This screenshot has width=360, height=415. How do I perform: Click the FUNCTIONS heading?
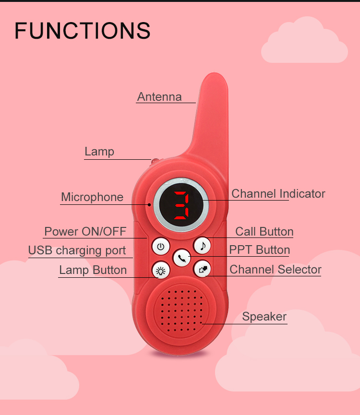click(83, 31)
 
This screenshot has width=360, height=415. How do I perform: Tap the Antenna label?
click(159, 96)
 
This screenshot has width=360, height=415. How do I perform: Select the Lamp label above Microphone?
click(99, 152)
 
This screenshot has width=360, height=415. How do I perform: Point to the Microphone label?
click(92, 197)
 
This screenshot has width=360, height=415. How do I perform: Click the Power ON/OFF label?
click(85, 232)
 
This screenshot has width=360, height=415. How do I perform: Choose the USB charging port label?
click(77, 250)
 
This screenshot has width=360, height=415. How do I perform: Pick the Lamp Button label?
click(93, 270)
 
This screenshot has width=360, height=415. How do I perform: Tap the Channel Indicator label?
click(278, 194)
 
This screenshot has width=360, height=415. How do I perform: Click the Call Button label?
click(264, 232)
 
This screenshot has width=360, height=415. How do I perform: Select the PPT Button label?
click(259, 250)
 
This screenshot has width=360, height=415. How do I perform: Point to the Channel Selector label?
click(276, 270)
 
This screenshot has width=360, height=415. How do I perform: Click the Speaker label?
click(264, 317)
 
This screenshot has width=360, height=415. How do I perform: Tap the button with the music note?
click(203, 246)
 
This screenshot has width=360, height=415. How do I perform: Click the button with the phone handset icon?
click(181, 258)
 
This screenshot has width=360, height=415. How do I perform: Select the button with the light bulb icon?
click(161, 271)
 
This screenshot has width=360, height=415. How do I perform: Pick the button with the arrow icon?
click(203, 269)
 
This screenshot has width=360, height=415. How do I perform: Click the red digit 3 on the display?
click(181, 205)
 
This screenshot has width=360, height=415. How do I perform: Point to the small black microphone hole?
click(149, 204)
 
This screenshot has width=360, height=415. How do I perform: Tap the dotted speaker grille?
click(181, 310)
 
